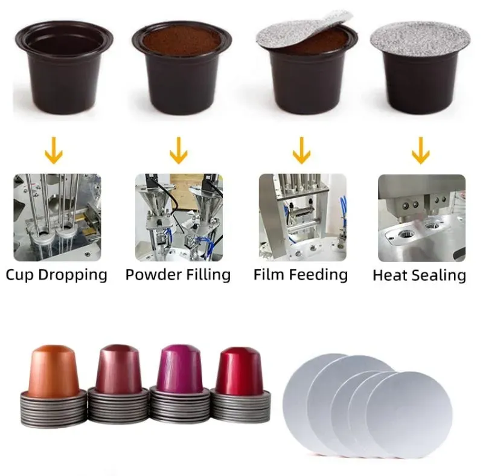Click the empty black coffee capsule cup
pos(64,68)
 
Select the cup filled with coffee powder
pos(182,68)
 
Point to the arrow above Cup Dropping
pos(54,150)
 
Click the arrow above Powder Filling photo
pos(179,150)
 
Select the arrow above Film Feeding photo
pos(301,150)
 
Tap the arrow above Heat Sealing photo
pos(421,150)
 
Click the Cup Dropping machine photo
pos(57,217)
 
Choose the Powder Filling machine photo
pos(179,217)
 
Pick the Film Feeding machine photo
pos(302,217)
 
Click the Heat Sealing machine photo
pos(421,218)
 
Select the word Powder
pos(149,275)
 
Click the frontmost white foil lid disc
pos(410,414)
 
